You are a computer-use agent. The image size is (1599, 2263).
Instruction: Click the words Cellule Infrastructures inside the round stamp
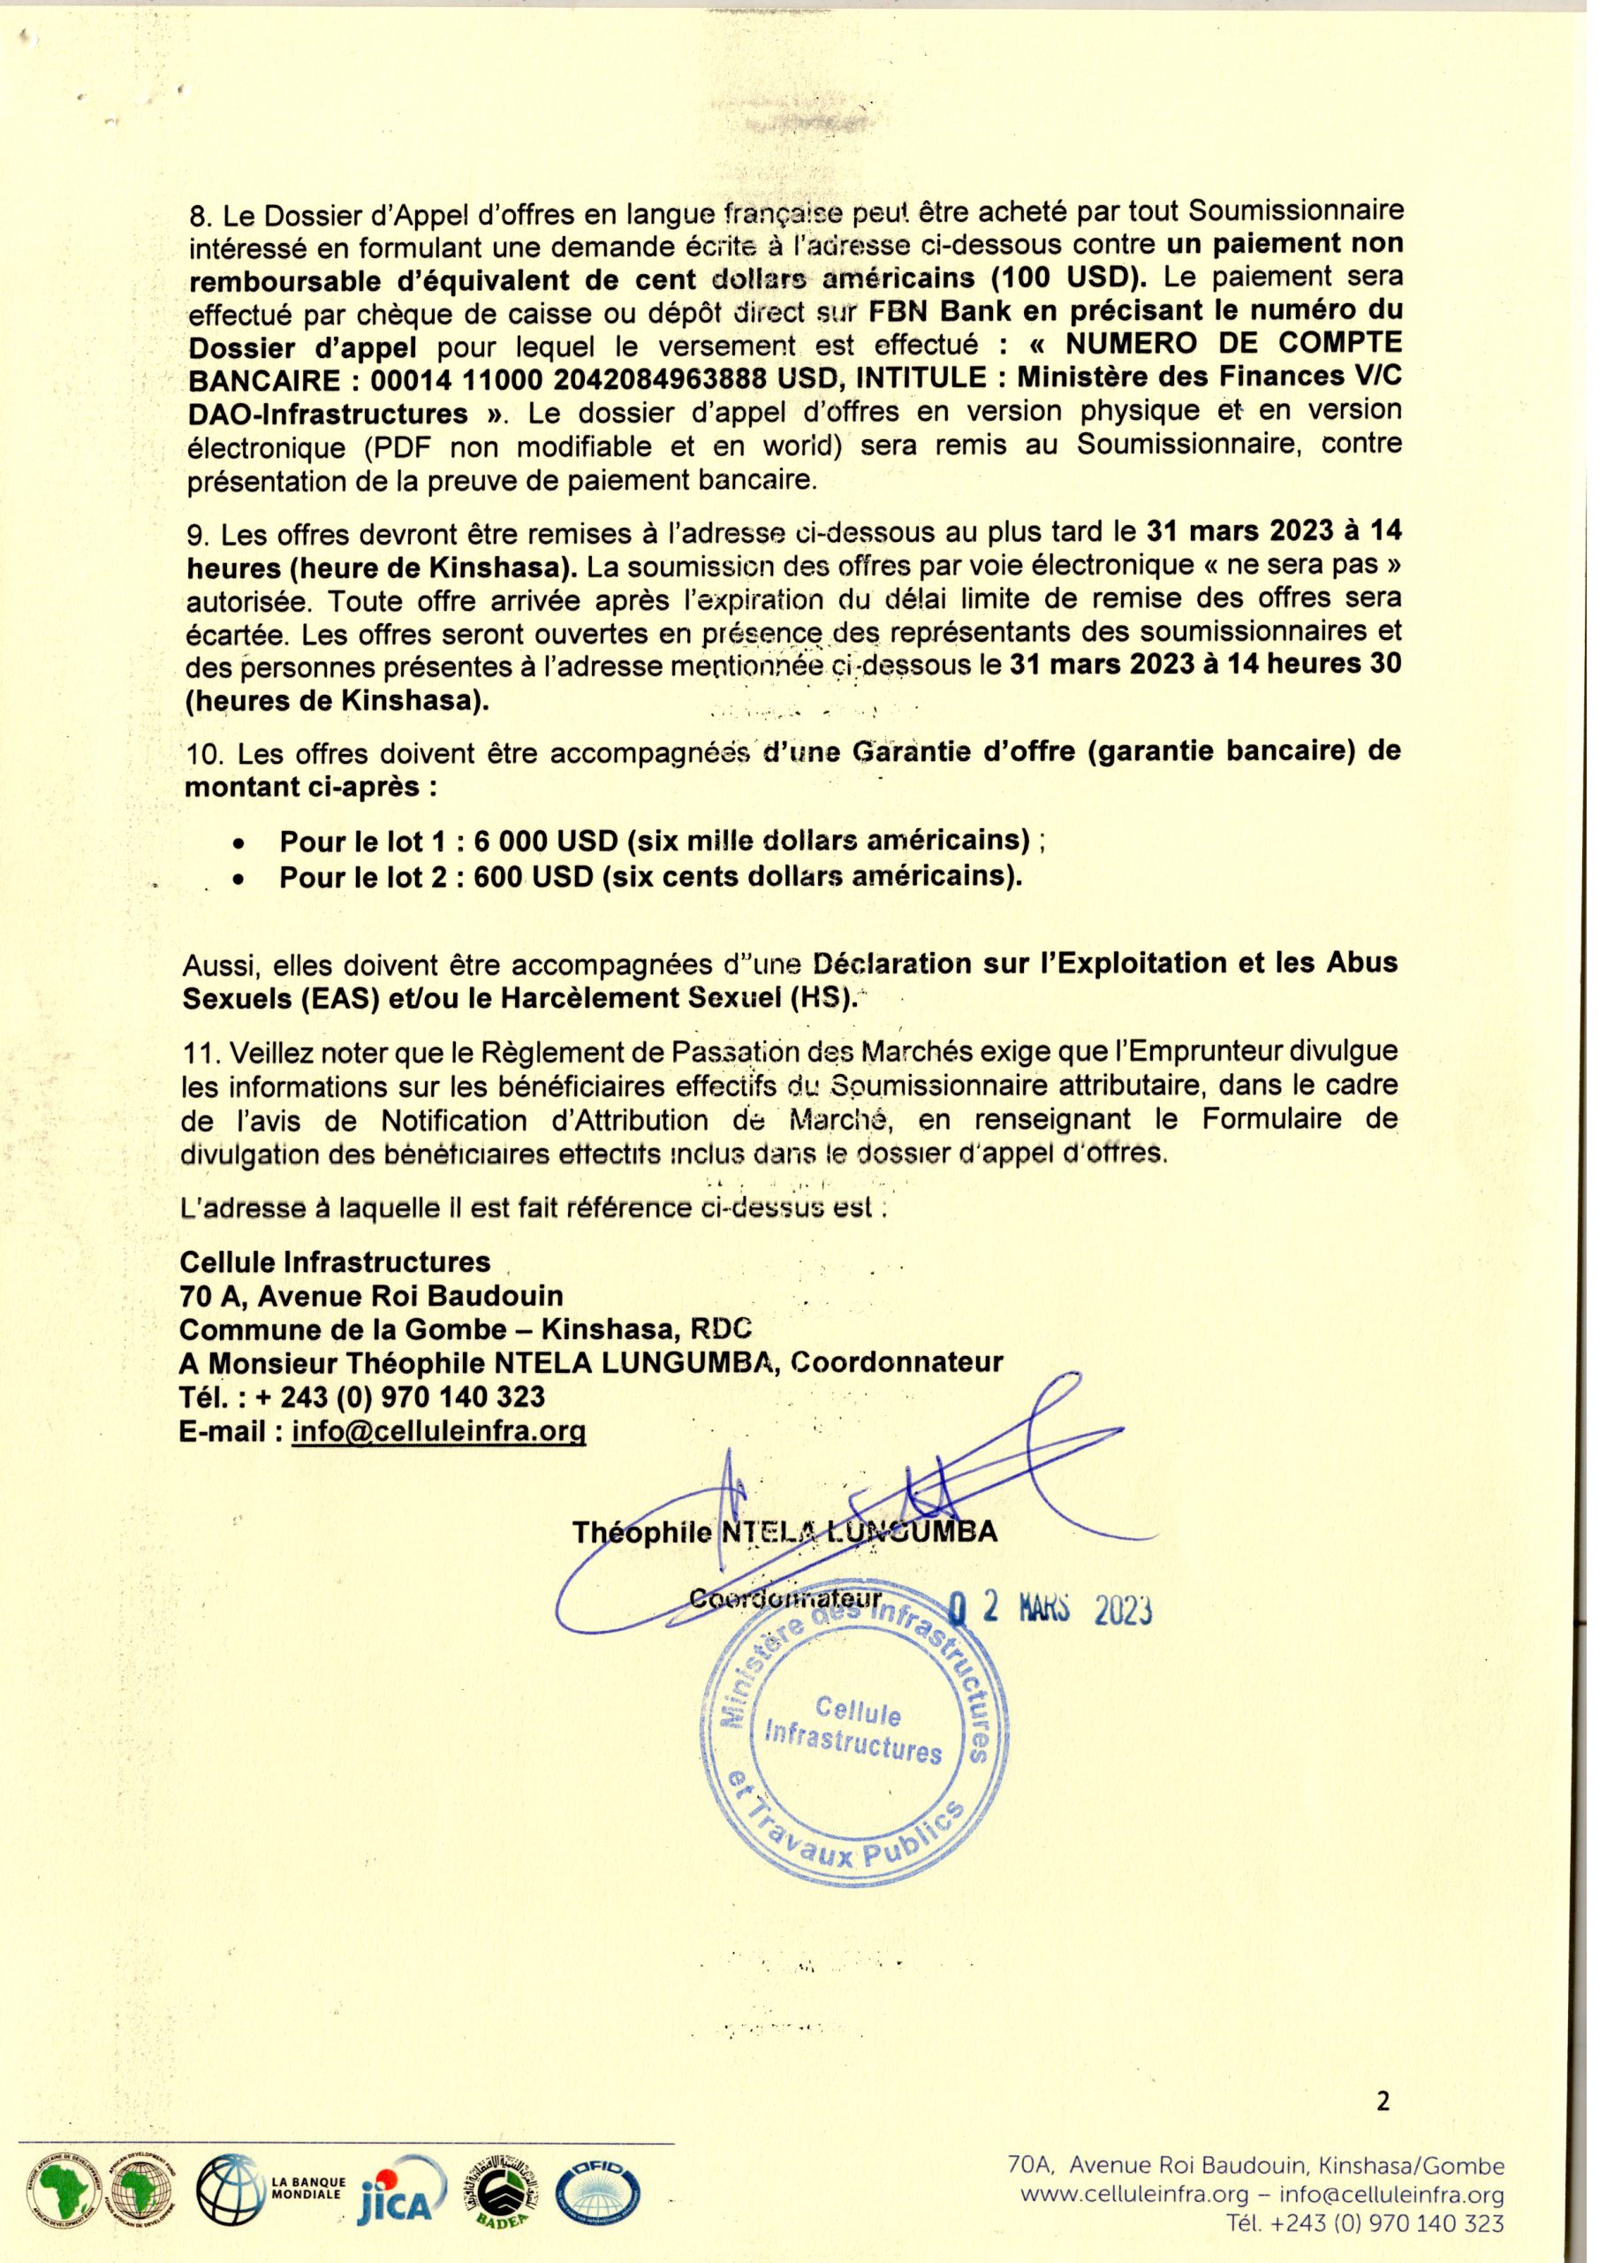(854, 1732)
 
